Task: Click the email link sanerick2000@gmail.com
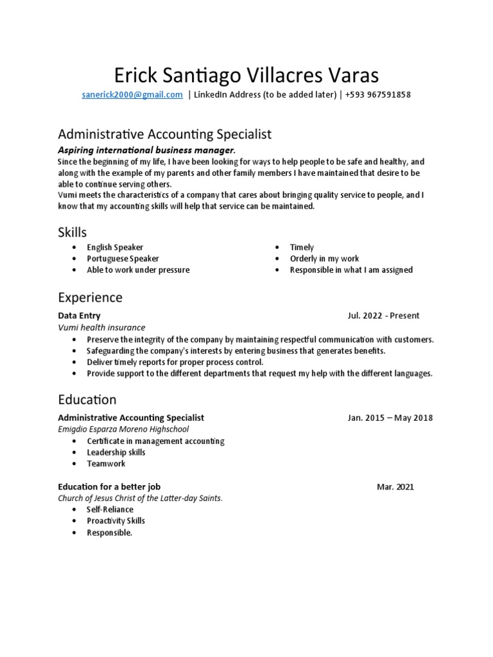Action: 132,95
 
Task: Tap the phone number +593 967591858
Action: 377,95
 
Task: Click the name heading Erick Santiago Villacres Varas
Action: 246,75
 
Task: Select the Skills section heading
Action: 72,232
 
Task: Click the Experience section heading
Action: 90,298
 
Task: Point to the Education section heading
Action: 87,400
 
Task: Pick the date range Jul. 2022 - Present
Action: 383,316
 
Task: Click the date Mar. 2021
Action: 395,486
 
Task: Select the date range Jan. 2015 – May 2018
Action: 390,418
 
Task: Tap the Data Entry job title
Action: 79,316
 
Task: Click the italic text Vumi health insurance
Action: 101,327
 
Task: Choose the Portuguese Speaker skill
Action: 123,259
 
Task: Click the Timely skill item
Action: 302,247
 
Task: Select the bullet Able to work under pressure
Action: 138,270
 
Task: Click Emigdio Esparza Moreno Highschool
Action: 123,429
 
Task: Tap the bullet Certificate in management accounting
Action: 155,441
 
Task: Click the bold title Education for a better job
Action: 114,486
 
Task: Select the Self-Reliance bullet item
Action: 110,509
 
